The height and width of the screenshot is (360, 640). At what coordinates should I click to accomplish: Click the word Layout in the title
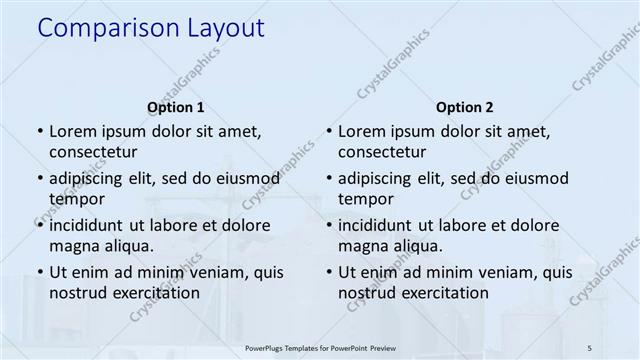tap(223, 29)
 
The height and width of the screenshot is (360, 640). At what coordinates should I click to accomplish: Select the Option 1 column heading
tap(175, 107)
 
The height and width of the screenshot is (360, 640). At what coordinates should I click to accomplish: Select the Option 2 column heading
tap(465, 107)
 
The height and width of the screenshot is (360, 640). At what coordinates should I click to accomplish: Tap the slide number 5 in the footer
tap(589, 348)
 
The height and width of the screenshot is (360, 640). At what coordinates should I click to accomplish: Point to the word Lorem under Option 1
tap(71, 131)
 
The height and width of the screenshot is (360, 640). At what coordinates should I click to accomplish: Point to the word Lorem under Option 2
tap(361, 131)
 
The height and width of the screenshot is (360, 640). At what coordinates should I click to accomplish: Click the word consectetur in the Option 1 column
tap(93, 152)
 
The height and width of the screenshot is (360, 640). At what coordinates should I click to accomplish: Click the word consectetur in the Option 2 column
tap(383, 152)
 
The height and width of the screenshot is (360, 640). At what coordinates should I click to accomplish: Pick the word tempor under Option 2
tap(366, 199)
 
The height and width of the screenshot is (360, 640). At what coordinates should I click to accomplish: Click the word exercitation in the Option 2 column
tap(441, 293)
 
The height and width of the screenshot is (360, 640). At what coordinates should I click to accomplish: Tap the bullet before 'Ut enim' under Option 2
tap(328, 272)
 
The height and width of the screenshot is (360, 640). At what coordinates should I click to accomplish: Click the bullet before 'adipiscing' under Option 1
tap(38, 179)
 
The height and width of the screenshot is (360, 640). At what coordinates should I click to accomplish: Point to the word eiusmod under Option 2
tap(533, 179)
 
